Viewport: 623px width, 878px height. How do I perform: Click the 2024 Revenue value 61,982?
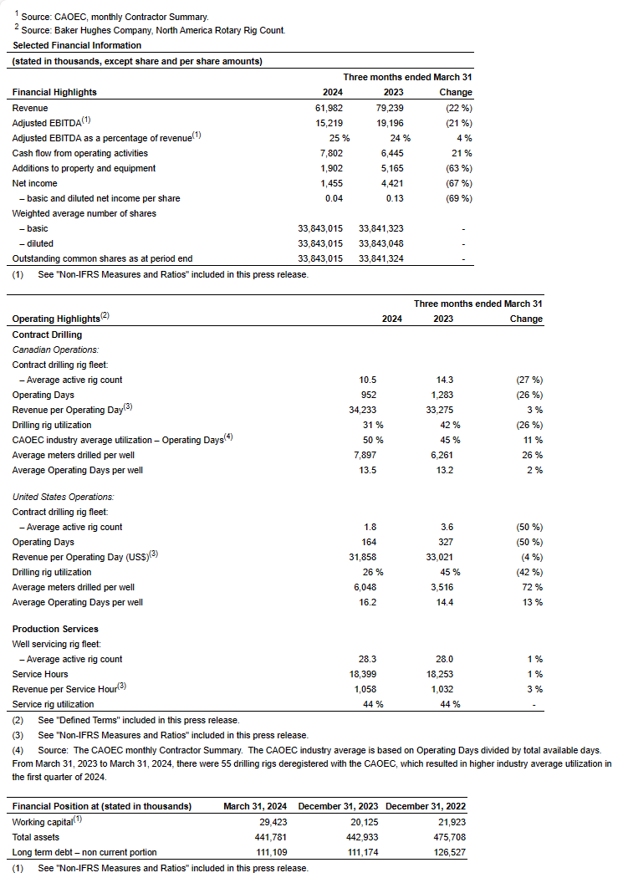click(x=327, y=108)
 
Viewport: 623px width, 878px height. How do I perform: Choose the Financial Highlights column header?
click(x=54, y=92)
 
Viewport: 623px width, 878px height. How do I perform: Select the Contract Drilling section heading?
click(x=47, y=334)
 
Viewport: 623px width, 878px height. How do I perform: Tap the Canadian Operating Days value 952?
click(x=368, y=395)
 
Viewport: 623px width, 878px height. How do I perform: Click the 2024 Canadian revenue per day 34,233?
click(x=363, y=410)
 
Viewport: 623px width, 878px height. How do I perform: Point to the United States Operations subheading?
click(x=63, y=497)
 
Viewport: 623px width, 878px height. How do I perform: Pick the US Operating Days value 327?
click(x=451, y=542)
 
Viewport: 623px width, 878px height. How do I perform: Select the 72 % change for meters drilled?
click(x=533, y=587)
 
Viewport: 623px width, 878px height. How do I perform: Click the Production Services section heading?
click(x=55, y=629)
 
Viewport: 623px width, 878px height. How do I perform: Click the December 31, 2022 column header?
click(x=426, y=806)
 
